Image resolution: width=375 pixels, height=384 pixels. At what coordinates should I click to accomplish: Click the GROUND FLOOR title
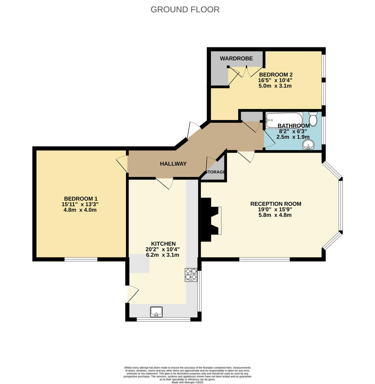tap(185, 10)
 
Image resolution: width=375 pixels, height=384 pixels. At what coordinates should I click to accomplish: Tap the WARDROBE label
tap(236, 59)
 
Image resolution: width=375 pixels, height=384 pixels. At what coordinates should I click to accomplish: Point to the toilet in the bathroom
tap(313, 120)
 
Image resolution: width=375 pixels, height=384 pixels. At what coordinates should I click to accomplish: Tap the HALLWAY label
tap(173, 164)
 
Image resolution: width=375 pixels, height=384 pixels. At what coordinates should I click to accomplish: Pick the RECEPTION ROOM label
tap(276, 204)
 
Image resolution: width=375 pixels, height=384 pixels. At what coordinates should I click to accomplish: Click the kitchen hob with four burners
tap(191, 275)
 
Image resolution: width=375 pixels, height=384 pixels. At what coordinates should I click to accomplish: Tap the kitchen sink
tap(156, 311)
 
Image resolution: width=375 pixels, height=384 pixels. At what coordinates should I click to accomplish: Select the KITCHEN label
tap(163, 244)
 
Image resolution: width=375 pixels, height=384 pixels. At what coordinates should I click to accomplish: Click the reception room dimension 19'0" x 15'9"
tap(276, 210)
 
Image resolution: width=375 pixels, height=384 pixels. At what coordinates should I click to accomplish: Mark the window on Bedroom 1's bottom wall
tap(81, 259)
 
